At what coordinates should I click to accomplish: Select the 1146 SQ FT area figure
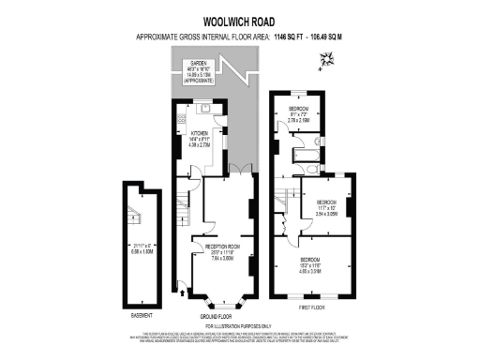[x=292, y=37]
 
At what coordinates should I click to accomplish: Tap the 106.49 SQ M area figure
[x=343, y=37]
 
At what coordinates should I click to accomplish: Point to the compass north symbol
[x=325, y=62]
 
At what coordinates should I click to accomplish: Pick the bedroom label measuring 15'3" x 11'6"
[x=310, y=259]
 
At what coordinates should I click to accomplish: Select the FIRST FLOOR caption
[x=311, y=307]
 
